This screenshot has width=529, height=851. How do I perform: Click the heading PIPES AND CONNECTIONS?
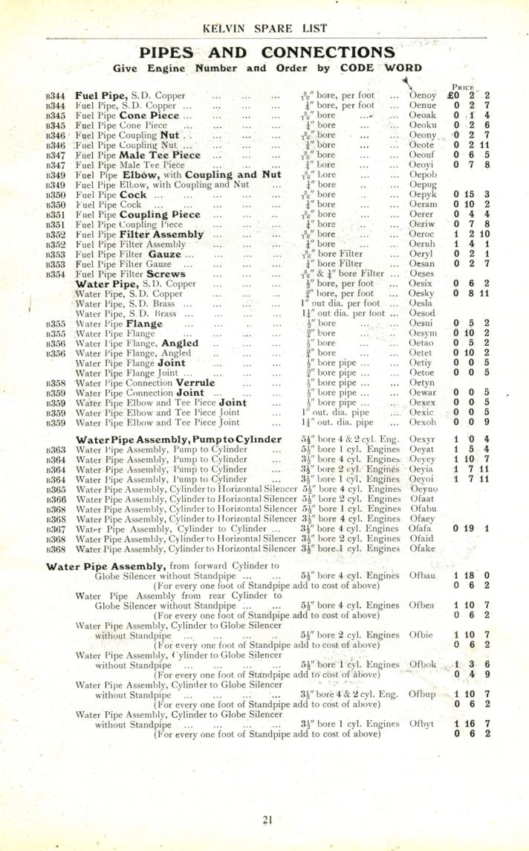click(267, 52)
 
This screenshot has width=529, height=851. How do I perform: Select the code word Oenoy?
click(423, 95)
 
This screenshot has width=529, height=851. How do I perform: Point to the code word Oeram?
click(423, 204)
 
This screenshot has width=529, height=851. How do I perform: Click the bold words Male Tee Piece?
click(155, 155)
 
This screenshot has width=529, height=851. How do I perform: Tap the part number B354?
click(55, 274)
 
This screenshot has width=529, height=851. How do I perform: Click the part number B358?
click(55, 382)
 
